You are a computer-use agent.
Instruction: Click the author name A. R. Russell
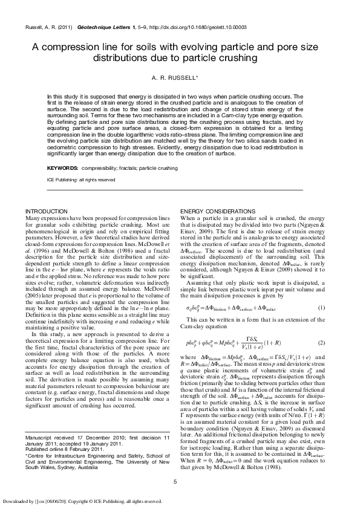[180, 77]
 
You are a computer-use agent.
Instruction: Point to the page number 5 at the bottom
[175, 481]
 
